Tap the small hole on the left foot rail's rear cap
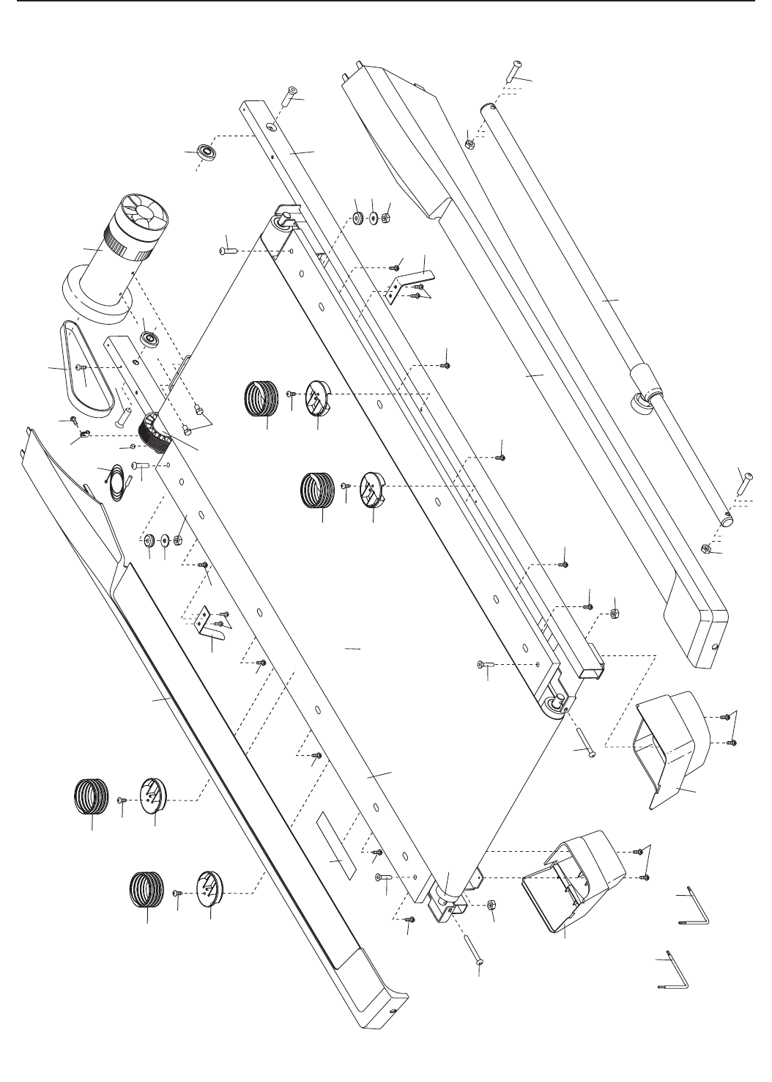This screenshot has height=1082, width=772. [x=393, y=1010]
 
